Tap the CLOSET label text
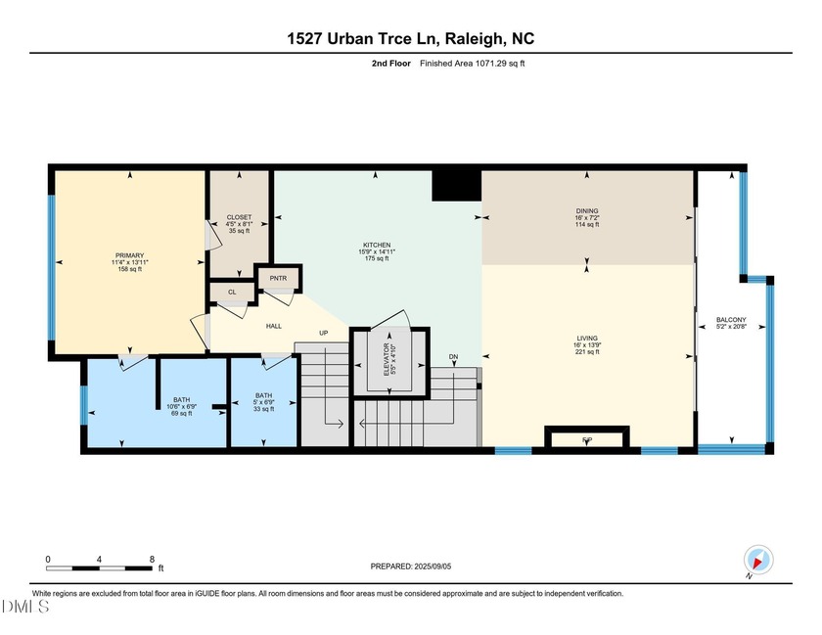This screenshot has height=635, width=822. (239, 217)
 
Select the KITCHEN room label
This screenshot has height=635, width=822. (377, 245)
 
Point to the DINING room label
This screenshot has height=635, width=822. (587, 210)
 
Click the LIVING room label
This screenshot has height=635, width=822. (587, 340)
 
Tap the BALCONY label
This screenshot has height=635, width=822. (731, 320)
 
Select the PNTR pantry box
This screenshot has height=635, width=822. (277, 279)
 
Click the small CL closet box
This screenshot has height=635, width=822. (232, 292)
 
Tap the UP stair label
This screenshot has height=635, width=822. (323, 334)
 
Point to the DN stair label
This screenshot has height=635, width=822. (453, 357)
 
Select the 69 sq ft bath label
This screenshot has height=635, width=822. (182, 406)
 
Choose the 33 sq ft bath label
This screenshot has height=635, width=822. (262, 405)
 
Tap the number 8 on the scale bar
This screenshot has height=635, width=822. (152, 559)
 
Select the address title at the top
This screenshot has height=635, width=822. (410, 39)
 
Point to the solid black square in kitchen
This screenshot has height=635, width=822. (455, 183)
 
